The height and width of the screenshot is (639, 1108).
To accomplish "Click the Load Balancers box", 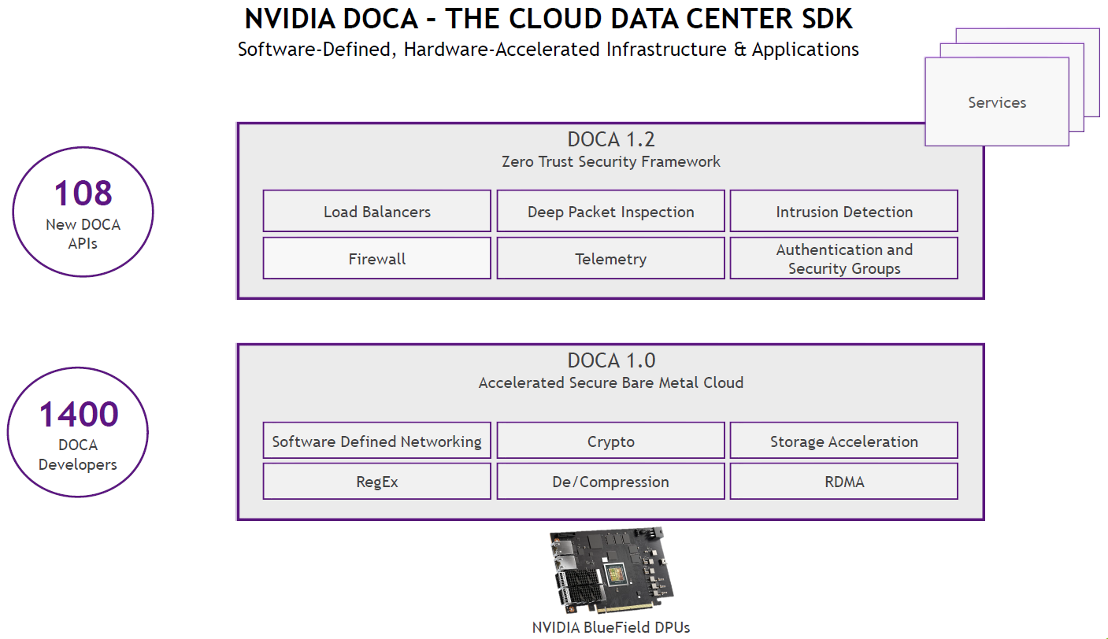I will [x=376, y=211].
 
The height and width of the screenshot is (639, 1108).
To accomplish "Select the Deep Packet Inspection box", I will [x=610, y=211].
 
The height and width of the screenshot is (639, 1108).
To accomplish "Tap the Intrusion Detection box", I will [x=843, y=211].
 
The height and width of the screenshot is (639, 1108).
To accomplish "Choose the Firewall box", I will [x=376, y=258].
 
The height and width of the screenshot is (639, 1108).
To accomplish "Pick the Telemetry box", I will [x=610, y=258].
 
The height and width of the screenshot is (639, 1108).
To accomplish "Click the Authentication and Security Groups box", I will [x=843, y=258].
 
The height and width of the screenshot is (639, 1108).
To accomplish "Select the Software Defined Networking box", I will [x=376, y=441].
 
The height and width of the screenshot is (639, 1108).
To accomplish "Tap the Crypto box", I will [x=610, y=441].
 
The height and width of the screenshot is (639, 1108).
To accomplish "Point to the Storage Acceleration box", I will [x=843, y=441].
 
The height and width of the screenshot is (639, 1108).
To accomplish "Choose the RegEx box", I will [x=376, y=481].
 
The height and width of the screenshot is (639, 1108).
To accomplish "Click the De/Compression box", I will [x=610, y=481].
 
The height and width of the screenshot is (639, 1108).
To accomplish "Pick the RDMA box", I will [x=843, y=481].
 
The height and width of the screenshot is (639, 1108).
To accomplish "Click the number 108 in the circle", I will [x=83, y=194].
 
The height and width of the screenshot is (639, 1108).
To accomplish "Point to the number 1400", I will [x=78, y=415].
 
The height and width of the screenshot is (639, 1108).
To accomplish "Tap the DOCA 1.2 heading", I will [x=611, y=140].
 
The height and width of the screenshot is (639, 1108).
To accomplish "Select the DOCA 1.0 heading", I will [x=611, y=361].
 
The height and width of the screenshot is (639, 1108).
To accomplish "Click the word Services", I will [x=996, y=102].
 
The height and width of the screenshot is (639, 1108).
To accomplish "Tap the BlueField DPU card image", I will [x=611, y=571].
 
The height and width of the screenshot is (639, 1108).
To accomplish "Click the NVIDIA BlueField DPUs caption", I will [x=611, y=627].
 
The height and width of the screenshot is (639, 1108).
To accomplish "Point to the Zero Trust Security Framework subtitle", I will [x=611, y=162].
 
